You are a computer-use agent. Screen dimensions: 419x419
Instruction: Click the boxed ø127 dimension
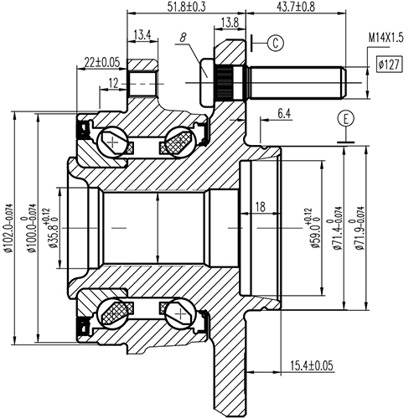coord(387,64)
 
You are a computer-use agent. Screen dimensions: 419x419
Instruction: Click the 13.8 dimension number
coord(228,21)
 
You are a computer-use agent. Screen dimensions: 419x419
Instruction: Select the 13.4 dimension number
coord(142,34)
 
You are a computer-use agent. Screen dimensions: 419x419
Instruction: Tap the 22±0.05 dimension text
coord(102,61)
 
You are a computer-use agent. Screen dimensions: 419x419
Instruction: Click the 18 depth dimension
coord(260,206)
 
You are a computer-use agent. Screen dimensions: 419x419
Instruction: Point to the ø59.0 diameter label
coord(316,228)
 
